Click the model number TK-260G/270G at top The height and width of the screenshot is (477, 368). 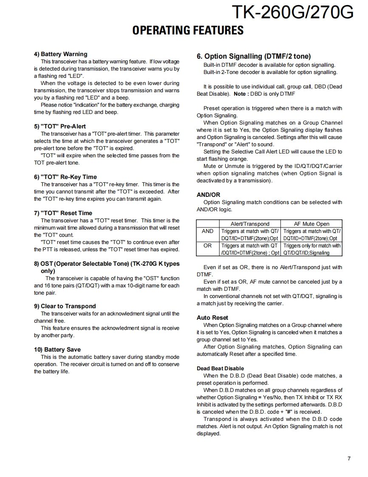[x=292, y=13]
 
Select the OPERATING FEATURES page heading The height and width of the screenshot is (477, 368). [x=188, y=30]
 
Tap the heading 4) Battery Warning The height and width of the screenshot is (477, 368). [x=60, y=54]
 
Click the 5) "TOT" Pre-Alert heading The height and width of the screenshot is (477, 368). [x=59, y=126]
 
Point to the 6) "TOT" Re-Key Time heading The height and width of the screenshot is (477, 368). [x=65, y=177]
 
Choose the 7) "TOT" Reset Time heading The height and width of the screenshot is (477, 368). [x=63, y=213]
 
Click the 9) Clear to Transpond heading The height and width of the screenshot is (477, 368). [x=65, y=306]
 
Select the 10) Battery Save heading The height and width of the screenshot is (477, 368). [x=57, y=349]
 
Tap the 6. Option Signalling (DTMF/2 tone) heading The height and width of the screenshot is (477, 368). [x=254, y=56]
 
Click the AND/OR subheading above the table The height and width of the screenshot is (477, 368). [x=208, y=195]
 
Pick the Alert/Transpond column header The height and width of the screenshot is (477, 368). [x=250, y=224]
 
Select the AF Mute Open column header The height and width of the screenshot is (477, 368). [x=311, y=224]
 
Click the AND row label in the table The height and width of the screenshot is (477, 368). [x=207, y=231]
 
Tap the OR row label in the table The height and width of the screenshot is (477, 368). [x=207, y=246]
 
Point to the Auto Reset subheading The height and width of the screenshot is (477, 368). [x=212, y=318]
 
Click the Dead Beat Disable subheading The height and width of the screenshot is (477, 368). [x=220, y=368]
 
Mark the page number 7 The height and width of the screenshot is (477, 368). [x=349, y=458]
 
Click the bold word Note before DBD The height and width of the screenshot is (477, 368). [x=240, y=94]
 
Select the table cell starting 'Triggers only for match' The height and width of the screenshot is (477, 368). [x=311, y=249]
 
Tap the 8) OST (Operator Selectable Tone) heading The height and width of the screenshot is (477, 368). [x=107, y=267]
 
